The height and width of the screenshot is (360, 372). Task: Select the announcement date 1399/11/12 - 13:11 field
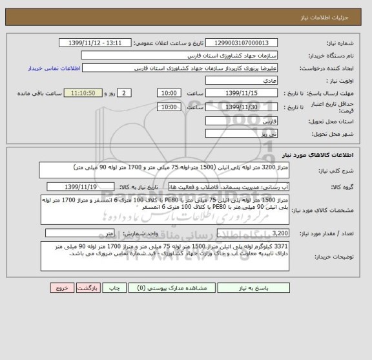coord(99,43)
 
